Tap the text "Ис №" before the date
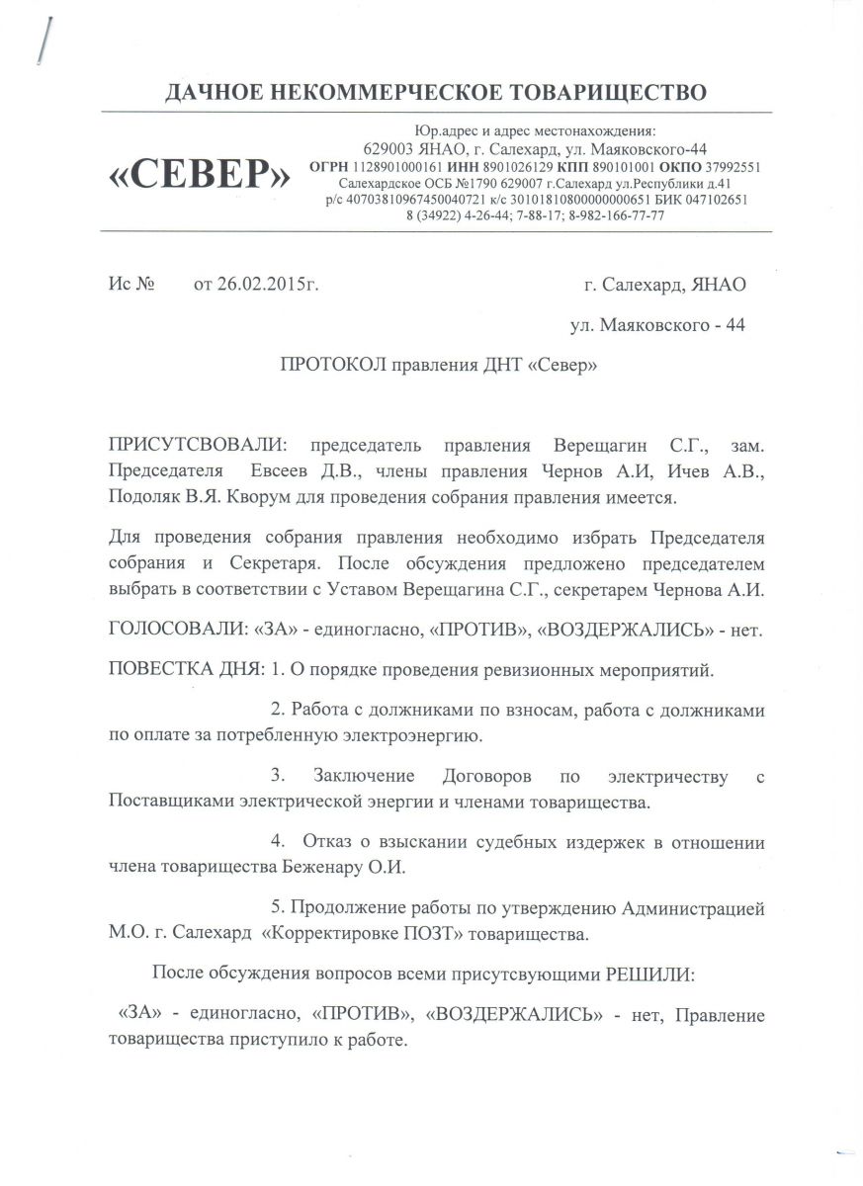[x=132, y=286]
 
